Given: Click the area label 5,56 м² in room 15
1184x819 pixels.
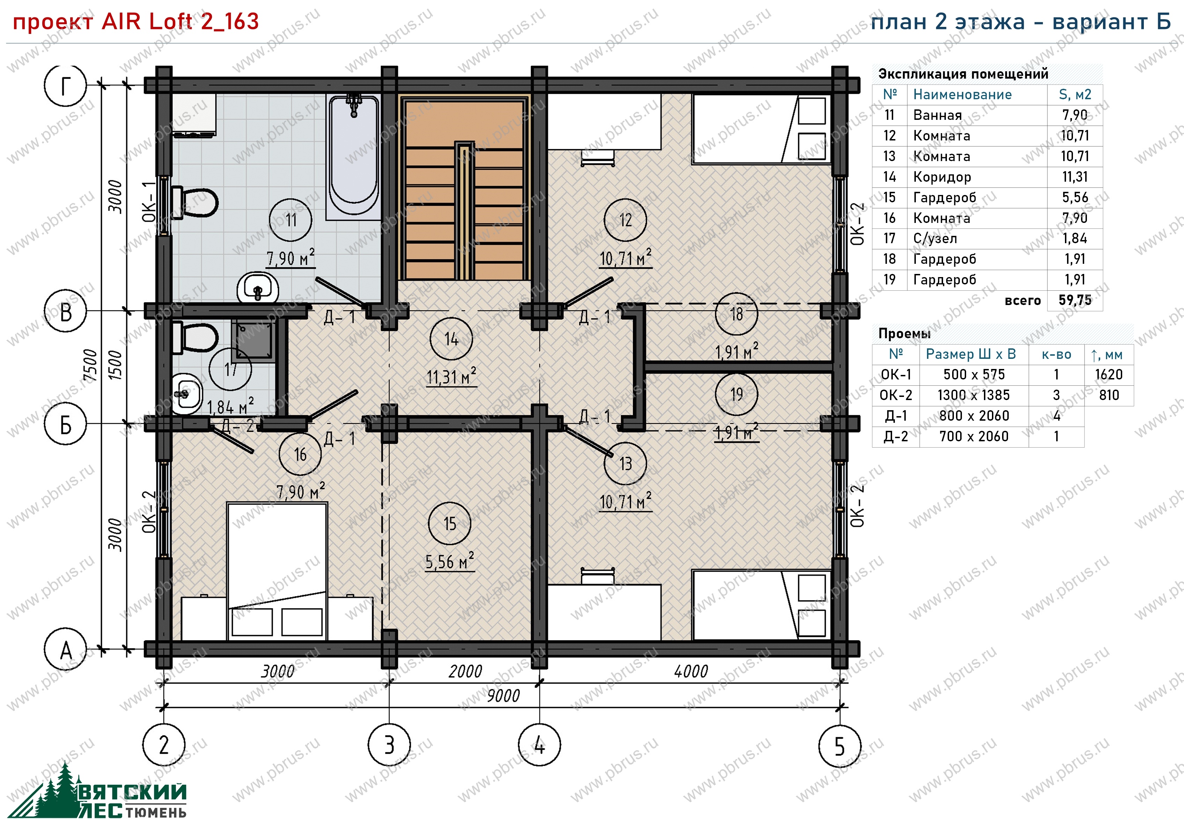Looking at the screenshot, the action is point(450,561).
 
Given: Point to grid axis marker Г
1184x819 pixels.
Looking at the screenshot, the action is point(66,85).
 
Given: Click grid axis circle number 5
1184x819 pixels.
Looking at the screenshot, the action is point(839,746).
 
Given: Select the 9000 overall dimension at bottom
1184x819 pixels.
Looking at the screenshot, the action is point(503,696).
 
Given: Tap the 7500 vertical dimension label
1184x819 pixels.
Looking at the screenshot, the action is point(90,365).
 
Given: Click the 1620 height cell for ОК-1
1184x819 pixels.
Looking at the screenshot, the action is point(1109,375).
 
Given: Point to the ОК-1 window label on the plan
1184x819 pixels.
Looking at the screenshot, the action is point(149,202).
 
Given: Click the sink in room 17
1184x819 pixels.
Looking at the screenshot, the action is point(186,394).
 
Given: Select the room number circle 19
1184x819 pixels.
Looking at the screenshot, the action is point(736,394).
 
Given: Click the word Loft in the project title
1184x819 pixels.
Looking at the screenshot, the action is point(170,22).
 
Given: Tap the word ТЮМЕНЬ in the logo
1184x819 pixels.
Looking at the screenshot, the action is point(156,812).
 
